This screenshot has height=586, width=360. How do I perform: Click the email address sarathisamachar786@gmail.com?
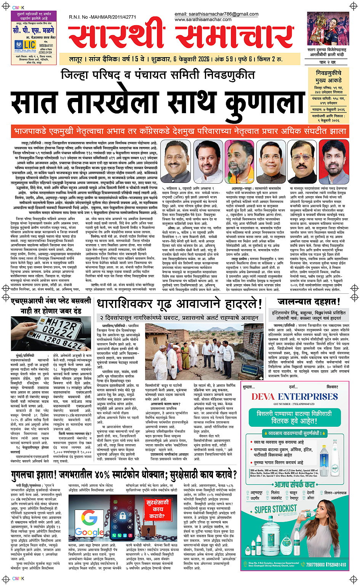216,14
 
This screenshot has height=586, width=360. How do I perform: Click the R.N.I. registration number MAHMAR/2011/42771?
102,17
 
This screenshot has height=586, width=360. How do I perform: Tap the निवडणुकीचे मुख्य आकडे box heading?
328,76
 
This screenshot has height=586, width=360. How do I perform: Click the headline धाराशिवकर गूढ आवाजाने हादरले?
179,304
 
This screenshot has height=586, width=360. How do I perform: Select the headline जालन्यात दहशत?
309,302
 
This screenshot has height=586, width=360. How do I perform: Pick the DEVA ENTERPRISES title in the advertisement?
295,397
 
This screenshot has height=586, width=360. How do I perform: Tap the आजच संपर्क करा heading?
294,484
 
